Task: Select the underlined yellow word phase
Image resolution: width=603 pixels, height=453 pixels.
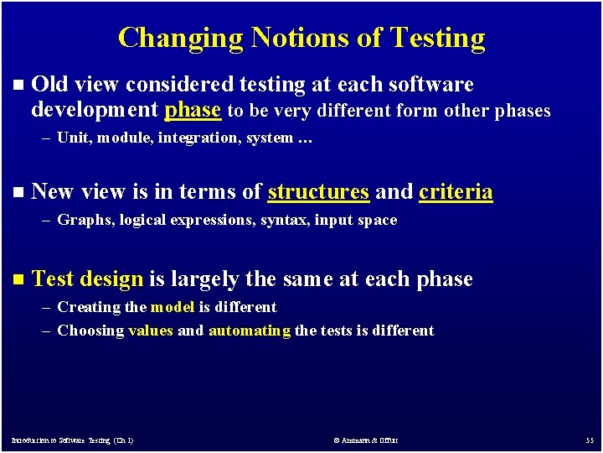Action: click(193, 110)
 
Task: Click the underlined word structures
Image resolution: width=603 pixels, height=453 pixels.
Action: click(318, 192)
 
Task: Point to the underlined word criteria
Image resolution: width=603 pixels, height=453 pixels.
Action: click(456, 192)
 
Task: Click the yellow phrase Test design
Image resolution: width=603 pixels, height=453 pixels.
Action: click(87, 279)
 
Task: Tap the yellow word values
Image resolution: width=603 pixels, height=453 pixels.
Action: click(151, 331)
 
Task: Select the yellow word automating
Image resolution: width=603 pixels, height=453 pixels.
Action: click(249, 331)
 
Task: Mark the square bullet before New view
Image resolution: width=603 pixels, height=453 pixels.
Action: click(19, 193)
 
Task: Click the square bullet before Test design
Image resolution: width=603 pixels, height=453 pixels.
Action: click(19, 280)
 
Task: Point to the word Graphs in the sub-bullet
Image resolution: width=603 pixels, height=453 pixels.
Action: click(80, 221)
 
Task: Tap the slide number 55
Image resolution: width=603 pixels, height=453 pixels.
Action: click(589, 440)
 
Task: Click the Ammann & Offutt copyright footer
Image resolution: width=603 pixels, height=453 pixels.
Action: click(365, 440)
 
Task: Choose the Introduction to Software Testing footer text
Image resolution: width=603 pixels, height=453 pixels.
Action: click(72, 440)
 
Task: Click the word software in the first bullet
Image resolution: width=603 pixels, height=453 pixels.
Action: click(432, 85)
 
